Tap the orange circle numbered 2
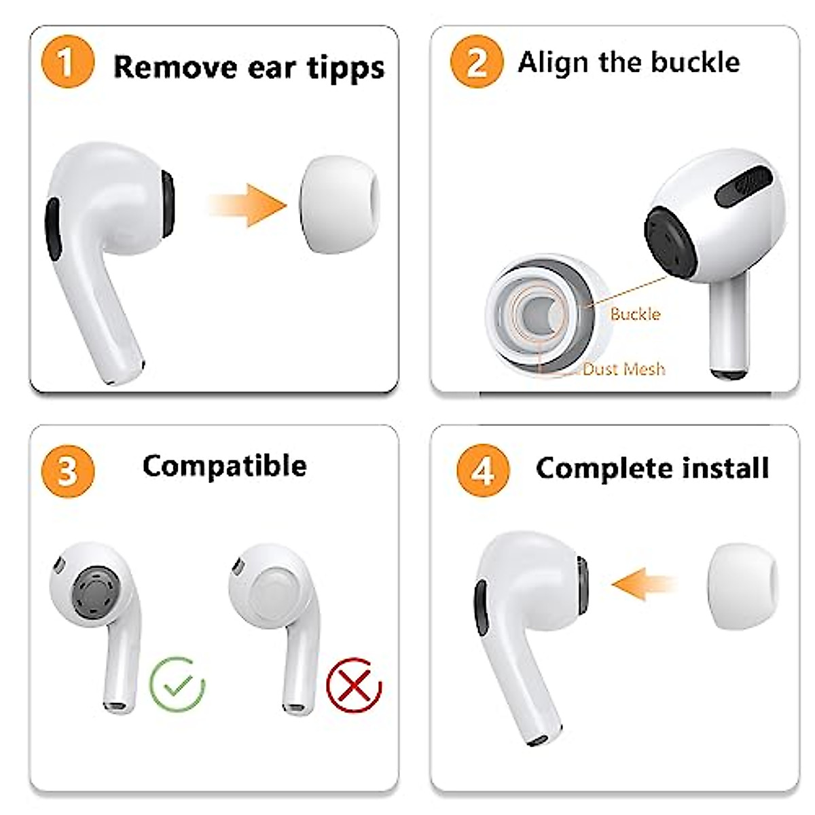tap(477, 62)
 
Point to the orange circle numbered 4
tap(483, 470)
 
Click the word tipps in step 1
tap(345, 68)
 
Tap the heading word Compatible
tap(224, 466)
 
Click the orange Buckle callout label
tap(635, 314)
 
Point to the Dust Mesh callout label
tap(623, 369)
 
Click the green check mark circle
tap(177, 684)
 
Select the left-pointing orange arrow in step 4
tap(642, 583)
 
